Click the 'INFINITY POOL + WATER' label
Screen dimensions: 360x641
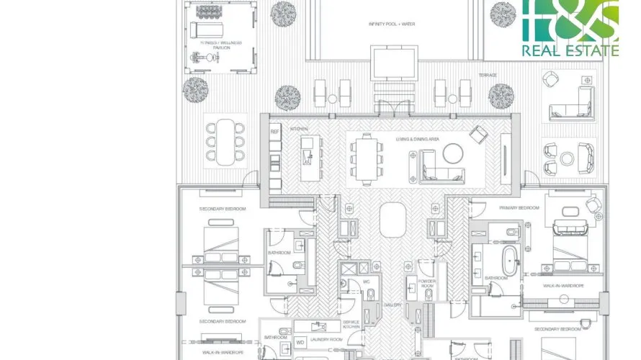click(x=392, y=24)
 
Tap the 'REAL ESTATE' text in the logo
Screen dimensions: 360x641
click(x=580, y=50)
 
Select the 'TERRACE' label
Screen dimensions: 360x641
click(x=488, y=75)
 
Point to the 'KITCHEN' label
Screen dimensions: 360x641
click(x=299, y=129)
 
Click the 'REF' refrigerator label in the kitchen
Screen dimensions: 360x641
click(x=274, y=132)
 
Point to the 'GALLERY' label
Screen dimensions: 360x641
click(x=392, y=305)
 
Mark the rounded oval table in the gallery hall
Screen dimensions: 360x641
click(x=392, y=219)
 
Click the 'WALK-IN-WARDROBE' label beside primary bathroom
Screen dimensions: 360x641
click(x=563, y=286)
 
